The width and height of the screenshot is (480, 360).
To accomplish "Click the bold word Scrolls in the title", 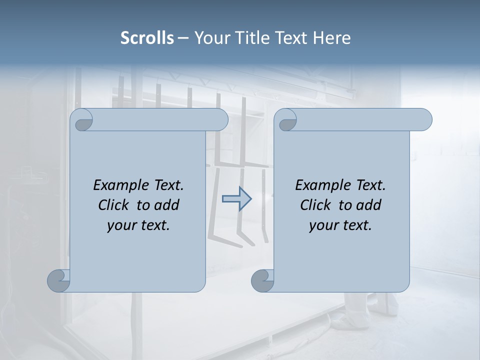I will [x=147, y=38].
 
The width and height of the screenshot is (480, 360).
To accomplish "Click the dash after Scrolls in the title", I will [x=183, y=38].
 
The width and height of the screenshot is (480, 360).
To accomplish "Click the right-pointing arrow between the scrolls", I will [x=237, y=199].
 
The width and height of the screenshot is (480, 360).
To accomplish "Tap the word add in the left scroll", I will [x=167, y=205].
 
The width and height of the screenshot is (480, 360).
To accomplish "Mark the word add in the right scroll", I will [x=369, y=205].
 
